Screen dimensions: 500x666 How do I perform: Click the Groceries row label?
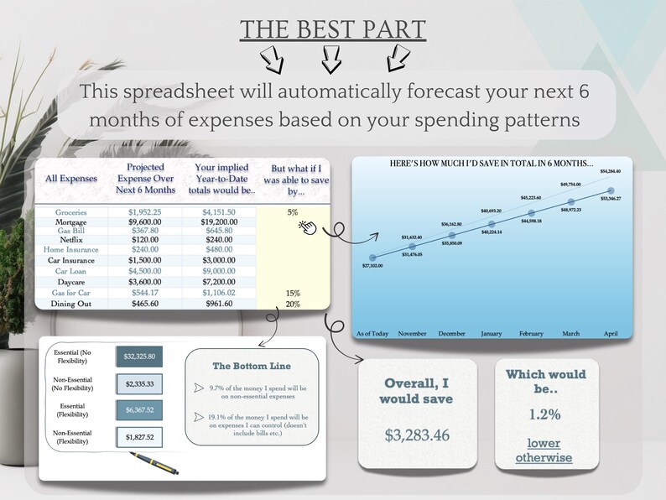(x=70, y=213)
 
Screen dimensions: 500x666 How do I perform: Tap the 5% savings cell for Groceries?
(x=292, y=213)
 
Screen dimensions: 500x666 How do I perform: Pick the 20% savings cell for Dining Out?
(x=292, y=304)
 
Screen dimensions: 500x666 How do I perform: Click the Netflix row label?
(x=70, y=239)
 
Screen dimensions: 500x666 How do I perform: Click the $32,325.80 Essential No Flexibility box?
(x=140, y=357)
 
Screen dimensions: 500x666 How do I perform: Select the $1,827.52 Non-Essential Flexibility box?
(x=140, y=437)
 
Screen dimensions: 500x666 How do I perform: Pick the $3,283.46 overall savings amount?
(x=417, y=435)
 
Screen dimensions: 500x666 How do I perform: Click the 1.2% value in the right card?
(x=544, y=414)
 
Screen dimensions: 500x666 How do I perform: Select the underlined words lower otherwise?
(x=544, y=450)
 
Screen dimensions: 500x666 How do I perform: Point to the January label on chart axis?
(x=491, y=333)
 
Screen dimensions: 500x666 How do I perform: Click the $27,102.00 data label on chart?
(x=372, y=265)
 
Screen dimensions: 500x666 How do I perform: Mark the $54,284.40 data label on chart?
(x=610, y=171)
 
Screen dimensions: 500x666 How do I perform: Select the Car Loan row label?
(x=70, y=272)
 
